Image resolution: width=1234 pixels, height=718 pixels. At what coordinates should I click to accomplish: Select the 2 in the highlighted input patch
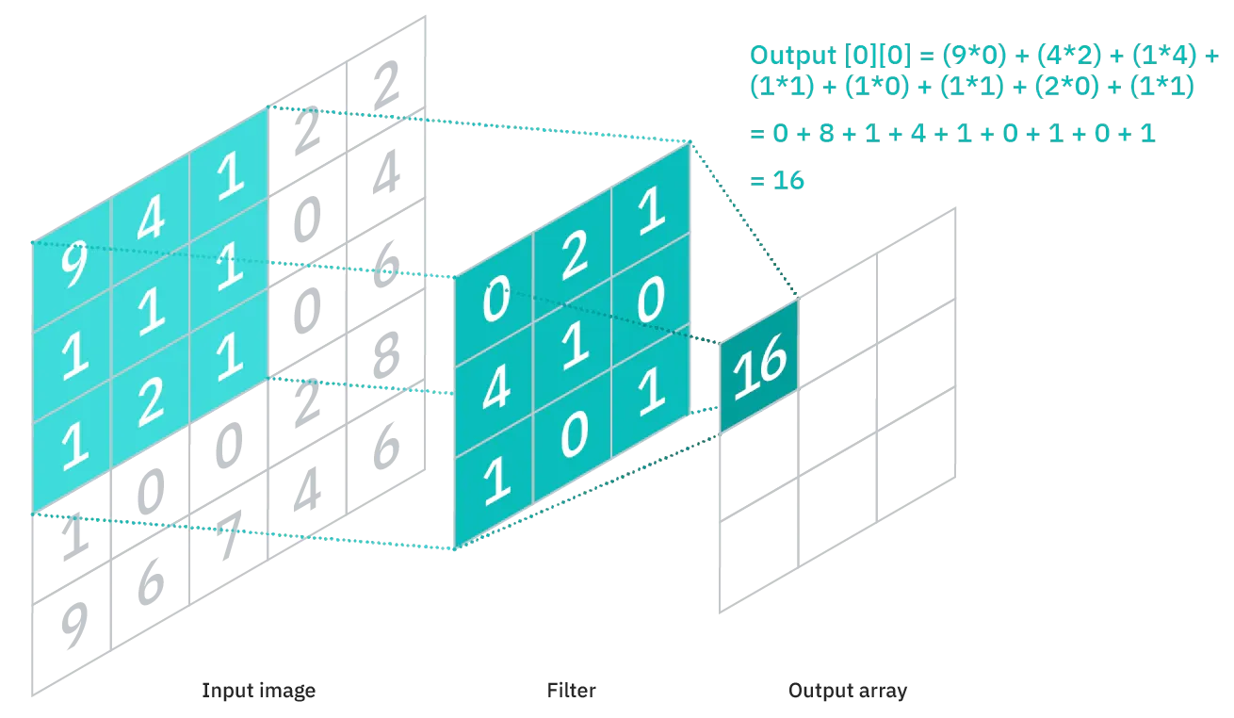[150, 400]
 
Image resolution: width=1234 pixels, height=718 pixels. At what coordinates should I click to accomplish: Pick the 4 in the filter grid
[495, 389]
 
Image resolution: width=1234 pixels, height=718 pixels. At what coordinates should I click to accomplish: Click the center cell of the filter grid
[573, 347]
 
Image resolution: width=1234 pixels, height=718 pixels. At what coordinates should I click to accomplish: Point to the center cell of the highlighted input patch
[150, 315]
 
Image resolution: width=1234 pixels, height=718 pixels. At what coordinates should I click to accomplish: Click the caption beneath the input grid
[255, 694]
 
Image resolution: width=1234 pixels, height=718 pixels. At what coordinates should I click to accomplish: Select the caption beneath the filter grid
[571, 694]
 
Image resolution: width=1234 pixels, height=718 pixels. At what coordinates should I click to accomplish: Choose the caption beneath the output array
[847, 694]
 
